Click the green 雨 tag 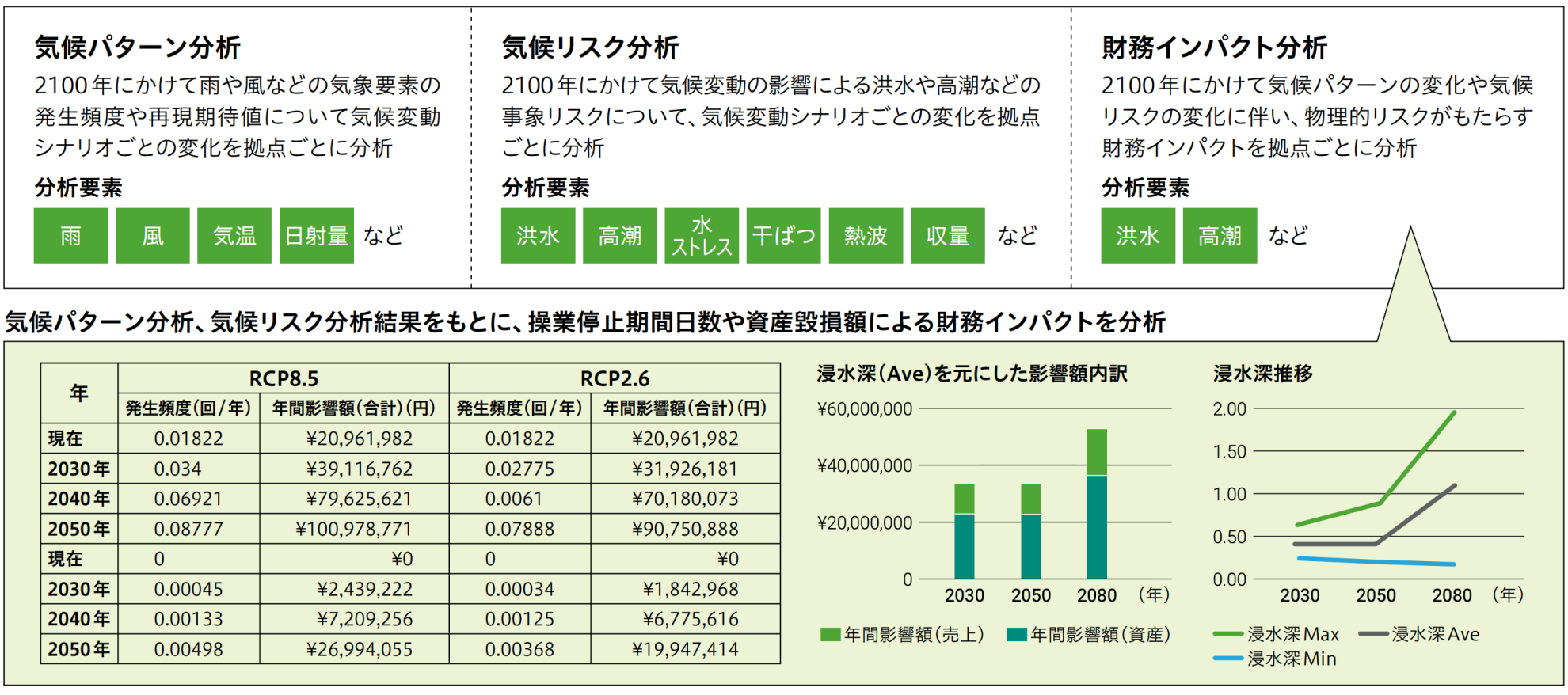pos(70,236)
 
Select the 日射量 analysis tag pos(316,236)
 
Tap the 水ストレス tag pos(701,236)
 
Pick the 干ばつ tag pos(783,236)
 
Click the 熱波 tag pos(866,236)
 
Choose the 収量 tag pos(947,236)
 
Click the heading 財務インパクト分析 pos(1214,47)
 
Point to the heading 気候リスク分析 pos(590,47)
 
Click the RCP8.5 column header pos(284,378)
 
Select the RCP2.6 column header pos(615,378)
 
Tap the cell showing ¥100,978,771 pos(354,529)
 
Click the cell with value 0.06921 pos(188,499)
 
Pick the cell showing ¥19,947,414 pos(685,650)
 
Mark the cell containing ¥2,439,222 pos(364,589)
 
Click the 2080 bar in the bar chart pos(1097,507)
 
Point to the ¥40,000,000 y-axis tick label pos(865,465)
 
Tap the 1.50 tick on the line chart pos(1229,451)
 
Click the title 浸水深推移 pos(1262,374)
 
